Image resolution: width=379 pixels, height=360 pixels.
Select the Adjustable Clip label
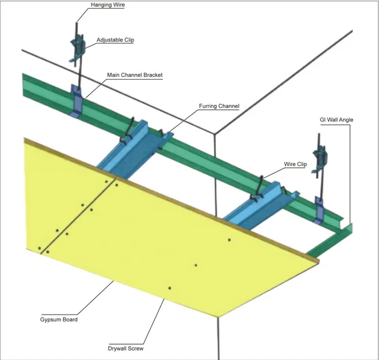click(115, 40)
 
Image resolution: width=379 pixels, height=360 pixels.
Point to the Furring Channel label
click(219, 106)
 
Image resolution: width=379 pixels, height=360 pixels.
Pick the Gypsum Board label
click(59, 320)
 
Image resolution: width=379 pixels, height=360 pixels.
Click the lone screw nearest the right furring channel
click(229, 239)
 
